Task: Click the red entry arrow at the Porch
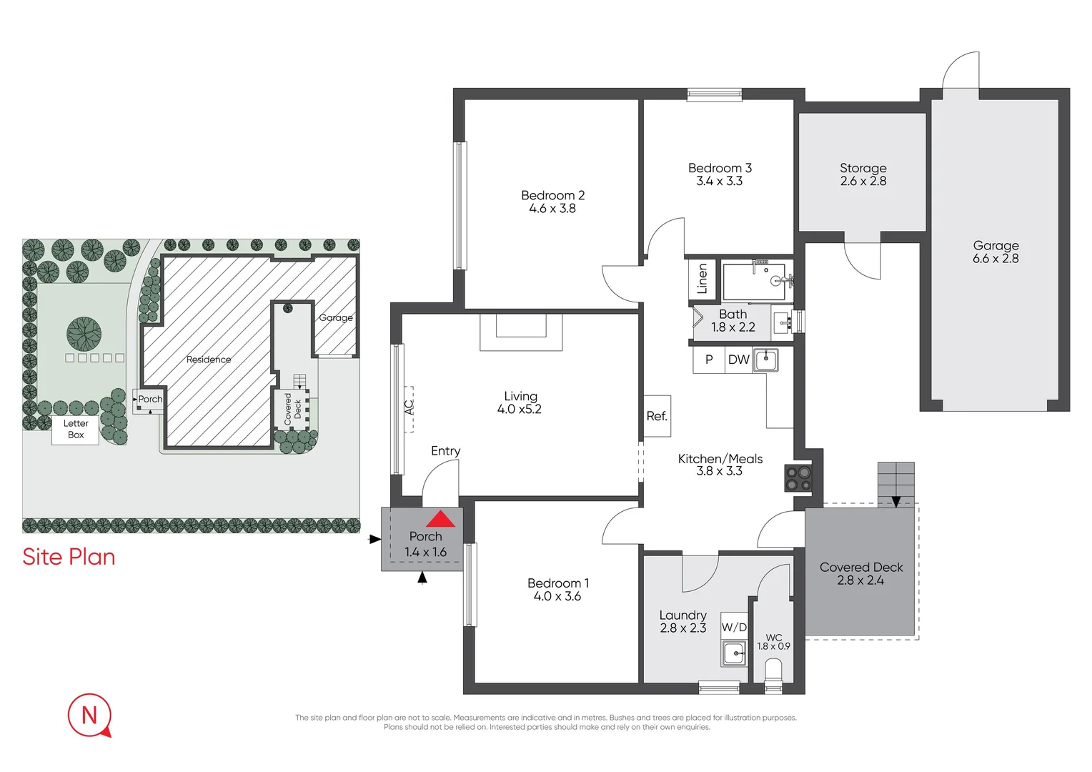[x=440, y=519]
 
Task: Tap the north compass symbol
[x=90, y=714]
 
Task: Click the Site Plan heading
[x=69, y=557]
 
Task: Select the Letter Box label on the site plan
[x=76, y=429]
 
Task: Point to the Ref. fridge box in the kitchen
[x=657, y=416]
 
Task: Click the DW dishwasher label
[x=738, y=360]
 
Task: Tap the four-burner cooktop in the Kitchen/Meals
[x=798, y=478]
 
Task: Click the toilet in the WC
[x=773, y=673]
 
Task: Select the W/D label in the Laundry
[x=734, y=627]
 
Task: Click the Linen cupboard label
[x=702, y=279]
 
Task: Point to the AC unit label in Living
[x=409, y=407]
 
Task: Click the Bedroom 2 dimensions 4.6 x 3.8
[x=552, y=209]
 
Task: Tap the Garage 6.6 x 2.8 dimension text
[x=996, y=259]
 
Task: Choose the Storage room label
[x=863, y=168]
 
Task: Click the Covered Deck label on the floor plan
[x=861, y=567]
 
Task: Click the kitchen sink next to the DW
[x=766, y=360]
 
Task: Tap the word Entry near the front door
[x=445, y=451]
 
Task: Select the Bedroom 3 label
[x=720, y=168]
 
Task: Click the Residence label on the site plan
[x=209, y=360]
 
